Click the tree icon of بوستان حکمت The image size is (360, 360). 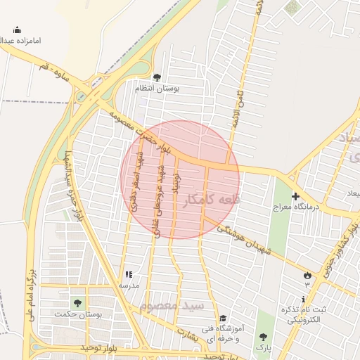click(77, 303)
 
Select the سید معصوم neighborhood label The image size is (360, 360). click(171, 307)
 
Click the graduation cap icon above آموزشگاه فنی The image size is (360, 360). click(223, 319)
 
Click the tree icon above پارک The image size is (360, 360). click(262, 336)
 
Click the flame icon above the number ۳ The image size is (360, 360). click(307, 275)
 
